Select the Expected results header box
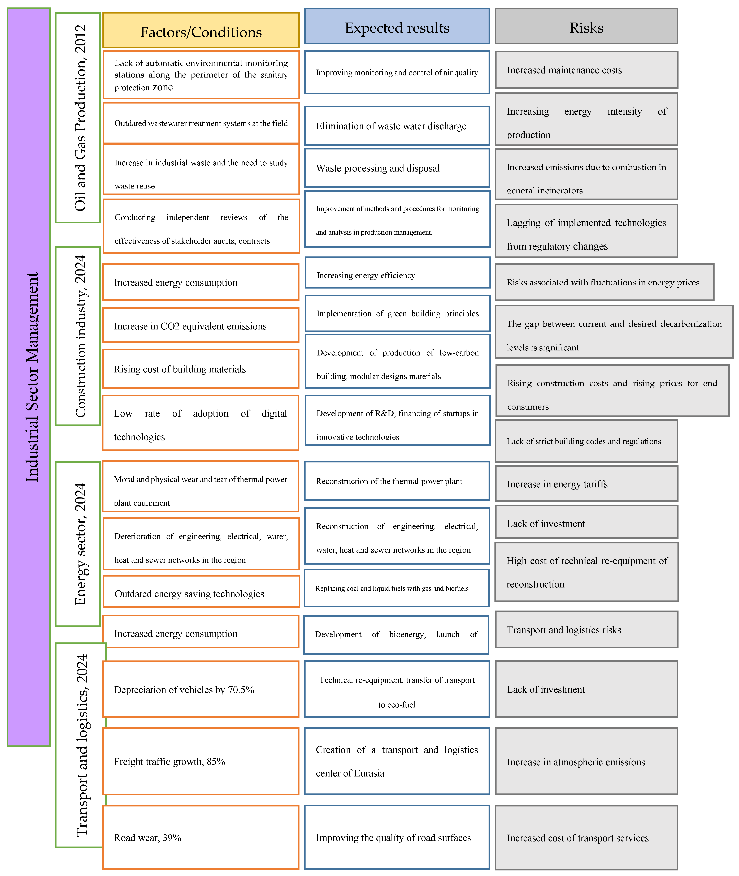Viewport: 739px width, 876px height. [x=397, y=26]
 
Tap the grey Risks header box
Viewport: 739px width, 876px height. [x=586, y=26]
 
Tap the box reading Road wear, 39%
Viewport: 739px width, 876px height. [x=201, y=838]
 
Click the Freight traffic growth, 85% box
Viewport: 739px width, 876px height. [x=201, y=761]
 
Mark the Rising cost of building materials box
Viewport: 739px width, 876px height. [x=201, y=369]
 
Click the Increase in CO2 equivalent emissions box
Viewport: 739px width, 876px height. [x=201, y=326]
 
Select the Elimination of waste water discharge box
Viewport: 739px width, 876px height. [x=397, y=126]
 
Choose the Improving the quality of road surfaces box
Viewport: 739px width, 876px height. [x=397, y=838]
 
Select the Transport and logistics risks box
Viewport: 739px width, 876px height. [x=586, y=630]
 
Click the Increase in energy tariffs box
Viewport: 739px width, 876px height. [x=586, y=484]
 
